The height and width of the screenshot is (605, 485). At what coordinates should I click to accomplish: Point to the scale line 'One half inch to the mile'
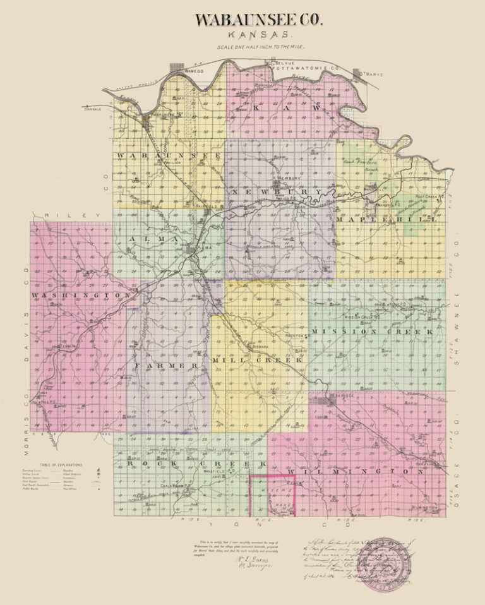260,47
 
